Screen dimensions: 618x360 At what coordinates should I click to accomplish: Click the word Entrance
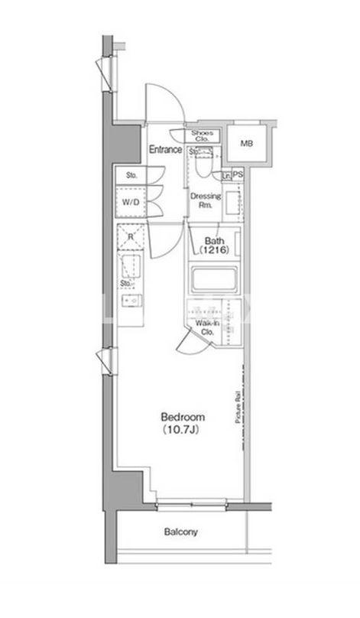pos(164,149)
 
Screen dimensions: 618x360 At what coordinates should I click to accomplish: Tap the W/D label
pos(131,202)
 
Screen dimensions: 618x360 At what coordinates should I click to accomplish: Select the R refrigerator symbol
pos(131,237)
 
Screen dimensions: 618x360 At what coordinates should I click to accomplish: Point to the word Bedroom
pos(183,418)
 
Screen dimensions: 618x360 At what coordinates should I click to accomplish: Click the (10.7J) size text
pos(183,430)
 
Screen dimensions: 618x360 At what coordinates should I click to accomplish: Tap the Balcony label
pos(181,532)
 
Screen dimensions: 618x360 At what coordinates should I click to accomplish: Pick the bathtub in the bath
pos(214,279)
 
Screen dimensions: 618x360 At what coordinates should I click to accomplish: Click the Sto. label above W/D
pos(131,176)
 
